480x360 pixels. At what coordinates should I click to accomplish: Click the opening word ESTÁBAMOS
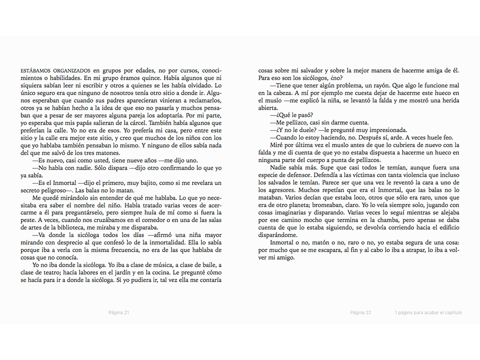coord(36,71)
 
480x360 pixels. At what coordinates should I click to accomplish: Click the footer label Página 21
coord(119,313)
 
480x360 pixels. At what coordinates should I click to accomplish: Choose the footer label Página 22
coord(360,313)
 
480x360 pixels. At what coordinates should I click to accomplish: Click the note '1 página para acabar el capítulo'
coord(428,313)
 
